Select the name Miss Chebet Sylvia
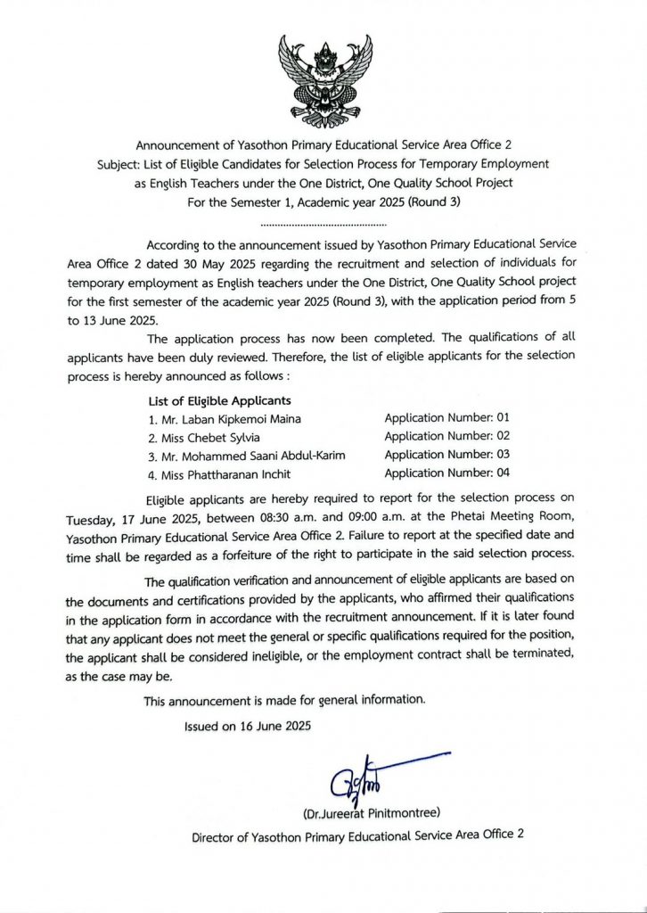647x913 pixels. pos(207,437)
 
